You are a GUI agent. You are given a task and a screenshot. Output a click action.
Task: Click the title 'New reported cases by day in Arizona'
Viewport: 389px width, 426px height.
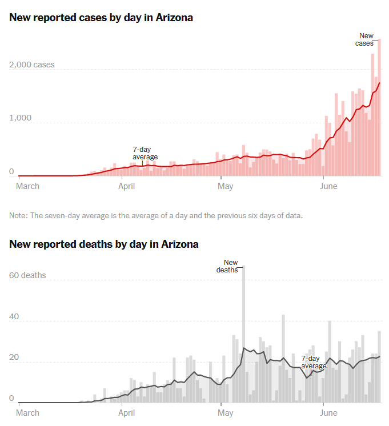click(x=101, y=18)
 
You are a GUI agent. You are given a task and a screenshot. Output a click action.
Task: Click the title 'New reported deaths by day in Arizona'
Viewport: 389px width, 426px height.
click(x=104, y=244)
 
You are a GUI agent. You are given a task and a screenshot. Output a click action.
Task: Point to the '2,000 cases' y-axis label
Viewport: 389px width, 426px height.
click(x=32, y=65)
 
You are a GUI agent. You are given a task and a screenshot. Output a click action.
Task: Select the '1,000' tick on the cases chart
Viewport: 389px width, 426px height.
click(x=20, y=118)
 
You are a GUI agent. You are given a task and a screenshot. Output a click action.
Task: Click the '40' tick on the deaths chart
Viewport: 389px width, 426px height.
click(x=14, y=316)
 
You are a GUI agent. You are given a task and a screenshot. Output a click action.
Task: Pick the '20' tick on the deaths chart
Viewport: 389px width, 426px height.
click(x=14, y=357)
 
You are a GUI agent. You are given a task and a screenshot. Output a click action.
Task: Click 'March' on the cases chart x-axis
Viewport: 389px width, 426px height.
click(x=28, y=186)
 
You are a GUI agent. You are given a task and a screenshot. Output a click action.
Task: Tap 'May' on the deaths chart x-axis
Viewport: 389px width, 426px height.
click(x=226, y=412)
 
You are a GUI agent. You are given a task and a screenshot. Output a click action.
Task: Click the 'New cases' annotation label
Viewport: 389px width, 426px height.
click(x=366, y=39)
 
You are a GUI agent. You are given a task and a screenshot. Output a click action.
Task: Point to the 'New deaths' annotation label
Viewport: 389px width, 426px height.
click(x=227, y=267)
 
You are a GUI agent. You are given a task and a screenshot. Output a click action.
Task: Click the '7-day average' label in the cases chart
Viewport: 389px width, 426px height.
click(x=145, y=153)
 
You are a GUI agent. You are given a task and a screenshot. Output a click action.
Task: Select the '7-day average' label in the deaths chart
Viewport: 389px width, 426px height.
click(x=314, y=362)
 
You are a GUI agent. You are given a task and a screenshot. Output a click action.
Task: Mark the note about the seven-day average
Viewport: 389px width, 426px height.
click(x=156, y=216)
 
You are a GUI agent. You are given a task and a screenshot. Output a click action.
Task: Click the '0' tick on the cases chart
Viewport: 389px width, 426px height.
click(x=11, y=171)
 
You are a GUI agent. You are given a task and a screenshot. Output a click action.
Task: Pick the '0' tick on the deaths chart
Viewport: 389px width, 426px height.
click(x=11, y=398)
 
